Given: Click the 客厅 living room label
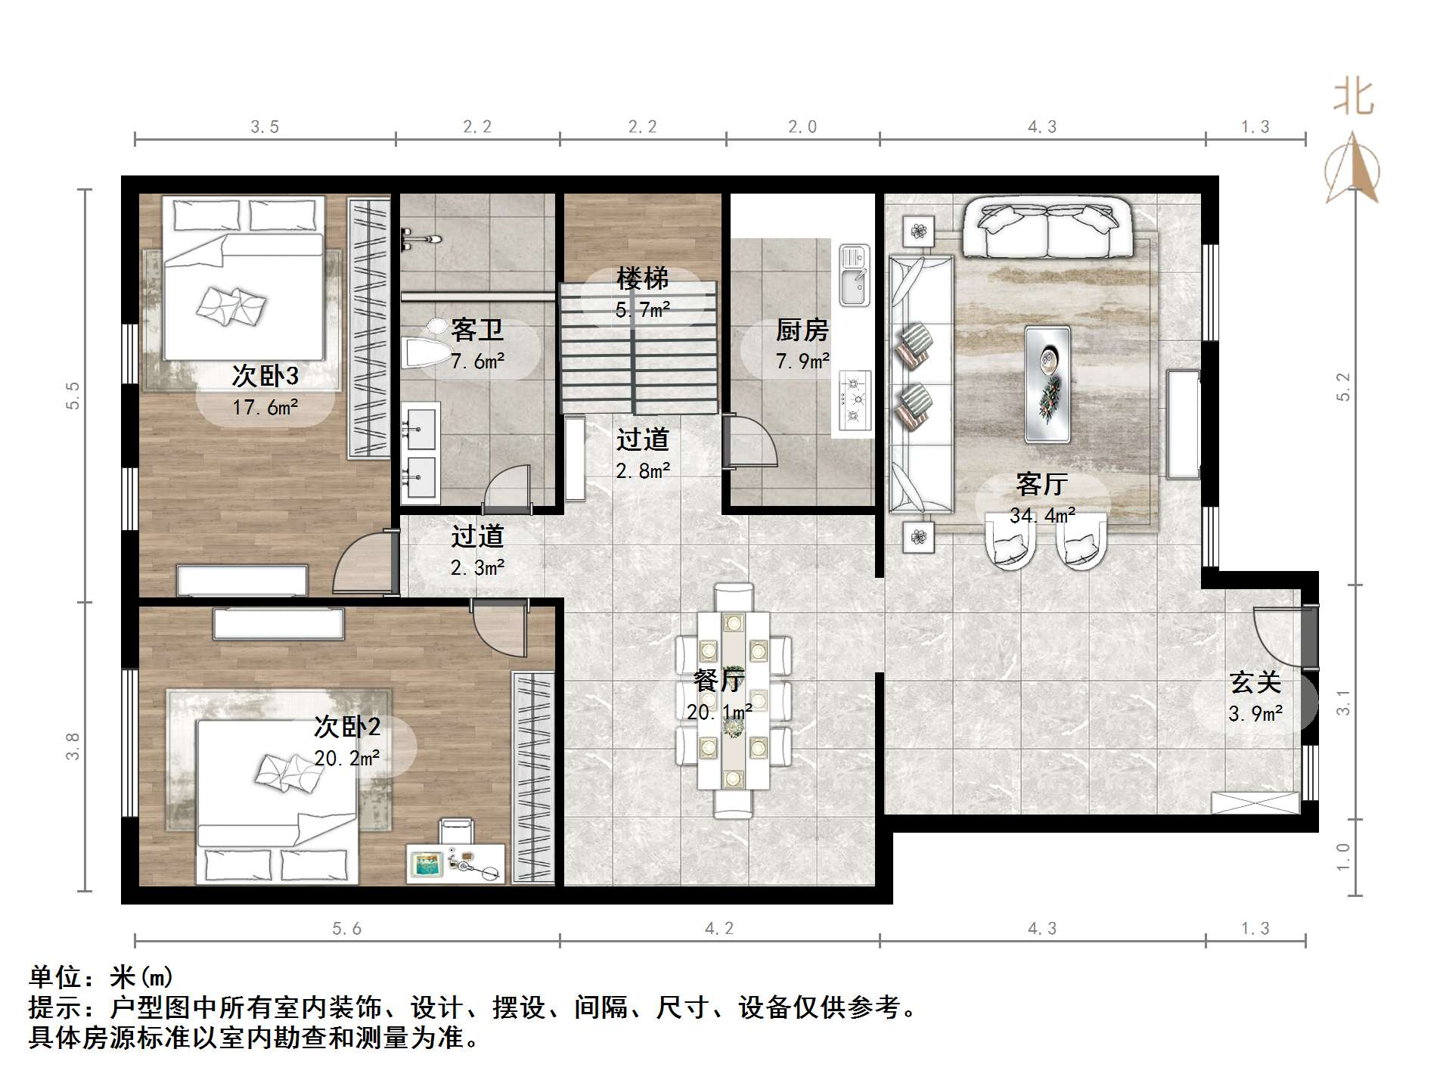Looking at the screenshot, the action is pos(1041,484).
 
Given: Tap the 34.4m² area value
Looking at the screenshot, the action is pos(1042,516).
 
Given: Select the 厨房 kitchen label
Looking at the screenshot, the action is pos(802,330).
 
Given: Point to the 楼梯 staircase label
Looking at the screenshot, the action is pos(642,279).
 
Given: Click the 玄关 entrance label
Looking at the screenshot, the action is pos(1255,682).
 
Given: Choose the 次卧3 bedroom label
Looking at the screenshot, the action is pos(265,376).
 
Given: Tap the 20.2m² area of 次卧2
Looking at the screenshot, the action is pos(346,758).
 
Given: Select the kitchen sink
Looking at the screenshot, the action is pos(855,275).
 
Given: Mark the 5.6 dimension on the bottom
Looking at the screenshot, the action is pos(347,928).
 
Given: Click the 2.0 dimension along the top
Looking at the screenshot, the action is pos(802,126).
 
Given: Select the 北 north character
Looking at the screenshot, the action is pos(1353,98).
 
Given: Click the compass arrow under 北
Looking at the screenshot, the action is pos(1352,168).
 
